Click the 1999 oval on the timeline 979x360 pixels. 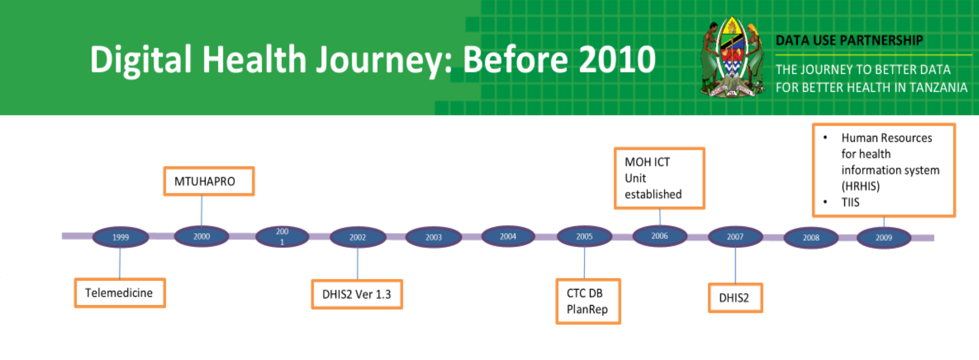pos(120,237)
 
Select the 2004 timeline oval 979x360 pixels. pos(508,237)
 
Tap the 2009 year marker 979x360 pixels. pos(884,237)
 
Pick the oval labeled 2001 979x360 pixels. pos(282,237)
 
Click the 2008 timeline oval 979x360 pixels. pos(811,237)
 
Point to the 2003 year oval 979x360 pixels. pos(433,237)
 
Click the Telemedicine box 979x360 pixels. pos(119,293)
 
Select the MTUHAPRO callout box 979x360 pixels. pos(209,181)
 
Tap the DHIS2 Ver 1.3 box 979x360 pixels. pos(357,294)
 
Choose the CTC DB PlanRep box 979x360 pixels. pos(588,301)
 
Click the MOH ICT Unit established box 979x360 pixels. pos(659,178)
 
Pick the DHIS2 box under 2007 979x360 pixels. pos(735,298)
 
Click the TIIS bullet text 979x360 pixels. pos(850,202)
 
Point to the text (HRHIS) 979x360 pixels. pos(860,186)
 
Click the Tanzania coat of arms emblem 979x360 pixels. pos(732,57)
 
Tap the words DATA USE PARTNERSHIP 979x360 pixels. pos(849,41)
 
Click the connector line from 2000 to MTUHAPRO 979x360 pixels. pos(201,211)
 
